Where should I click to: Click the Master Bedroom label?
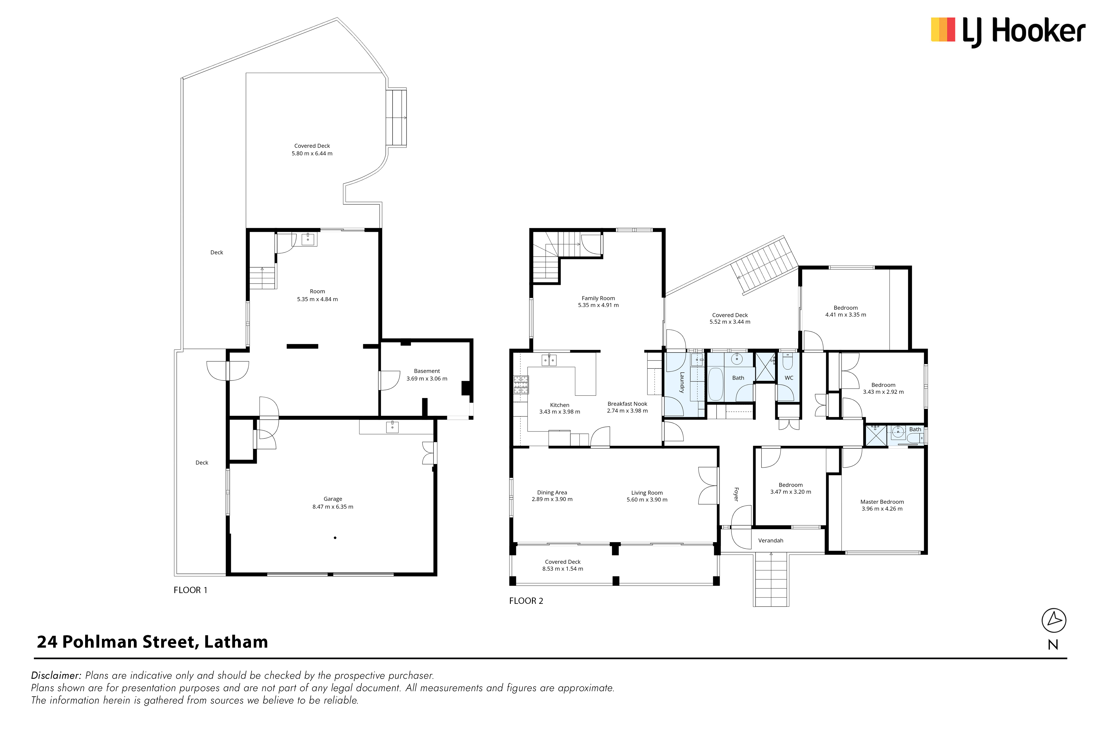882,502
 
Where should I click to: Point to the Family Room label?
598,298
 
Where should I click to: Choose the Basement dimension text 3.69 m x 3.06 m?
427,379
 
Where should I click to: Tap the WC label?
789,378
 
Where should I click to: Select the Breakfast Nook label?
627,403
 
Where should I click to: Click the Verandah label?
771,540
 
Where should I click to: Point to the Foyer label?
736,494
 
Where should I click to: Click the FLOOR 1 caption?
190,590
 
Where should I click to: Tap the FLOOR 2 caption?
526,601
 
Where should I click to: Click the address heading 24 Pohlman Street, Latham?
152,642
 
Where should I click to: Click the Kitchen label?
560,405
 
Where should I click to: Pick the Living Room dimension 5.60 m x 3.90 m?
647,500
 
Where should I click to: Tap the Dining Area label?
552,493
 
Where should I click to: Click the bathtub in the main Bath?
715,384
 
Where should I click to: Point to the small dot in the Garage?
335,538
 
